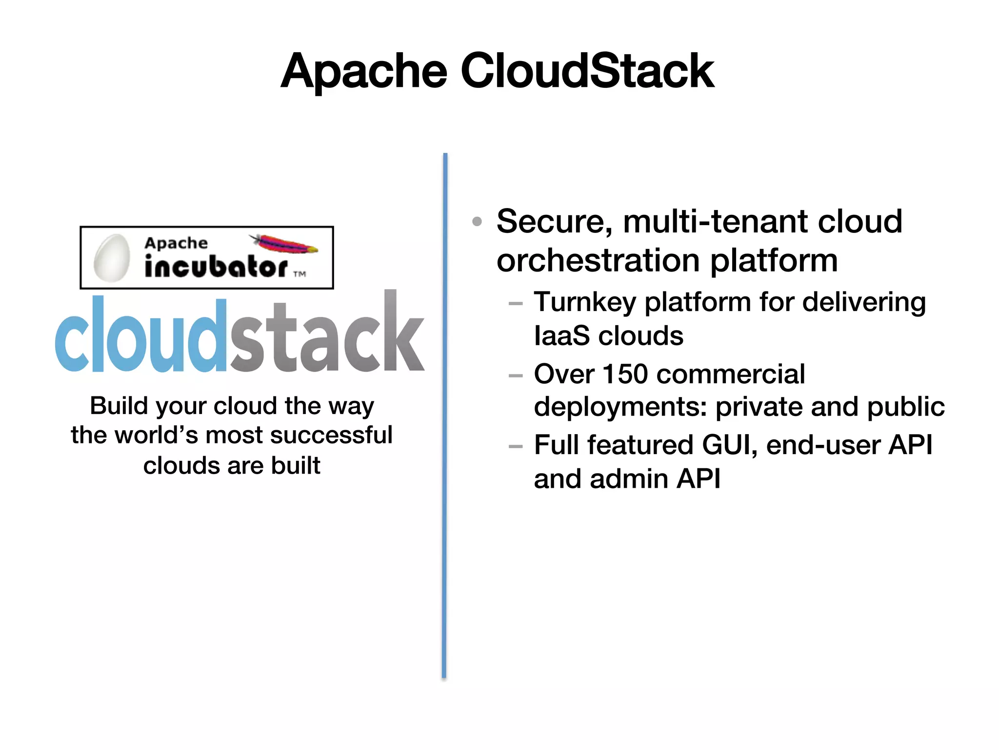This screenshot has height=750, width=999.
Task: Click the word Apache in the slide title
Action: click(364, 71)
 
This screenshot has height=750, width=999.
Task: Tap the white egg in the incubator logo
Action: click(112, 258)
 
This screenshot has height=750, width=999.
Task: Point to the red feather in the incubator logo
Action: click(284, 243)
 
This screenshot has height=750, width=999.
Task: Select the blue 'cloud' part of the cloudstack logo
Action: click(141, 337)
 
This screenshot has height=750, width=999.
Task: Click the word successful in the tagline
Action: click(331, 435)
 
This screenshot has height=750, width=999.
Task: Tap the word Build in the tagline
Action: click(119, 406)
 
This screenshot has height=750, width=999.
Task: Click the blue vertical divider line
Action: click(445, 415)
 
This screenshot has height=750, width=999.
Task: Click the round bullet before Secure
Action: click(477, 222)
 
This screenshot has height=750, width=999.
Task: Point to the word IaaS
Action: click(562, 336)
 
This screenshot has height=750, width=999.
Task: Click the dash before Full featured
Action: click(515, 446)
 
